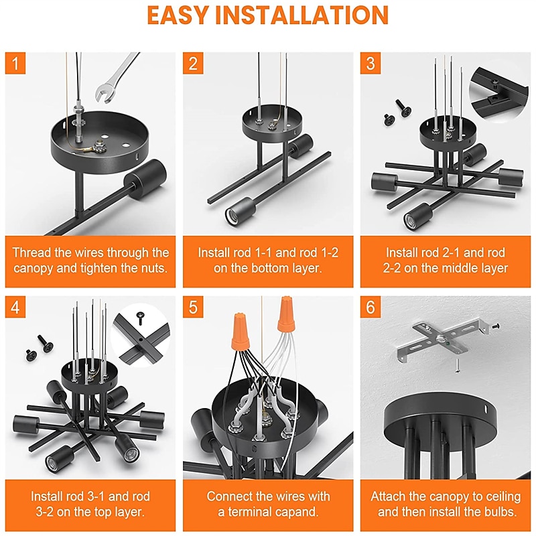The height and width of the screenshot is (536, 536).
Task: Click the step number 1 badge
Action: tap(15, 63)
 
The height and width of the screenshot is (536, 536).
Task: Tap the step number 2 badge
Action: tap(193, 63)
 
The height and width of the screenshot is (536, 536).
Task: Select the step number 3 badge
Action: tap(371, 63)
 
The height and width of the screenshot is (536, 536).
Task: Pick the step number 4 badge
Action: tap(15, 307)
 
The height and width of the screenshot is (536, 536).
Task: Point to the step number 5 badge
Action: tap(193, 307)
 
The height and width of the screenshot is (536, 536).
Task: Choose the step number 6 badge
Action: tap(371, 307)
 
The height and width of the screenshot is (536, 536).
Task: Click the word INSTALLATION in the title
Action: tap(302, 15)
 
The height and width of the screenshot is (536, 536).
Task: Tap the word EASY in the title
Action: tap(178, 15)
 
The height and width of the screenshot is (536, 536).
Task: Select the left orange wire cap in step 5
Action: tap(241, 330)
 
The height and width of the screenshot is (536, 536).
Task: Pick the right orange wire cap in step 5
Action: tap(287, 314)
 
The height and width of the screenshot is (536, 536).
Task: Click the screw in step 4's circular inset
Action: tap(141, 318)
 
